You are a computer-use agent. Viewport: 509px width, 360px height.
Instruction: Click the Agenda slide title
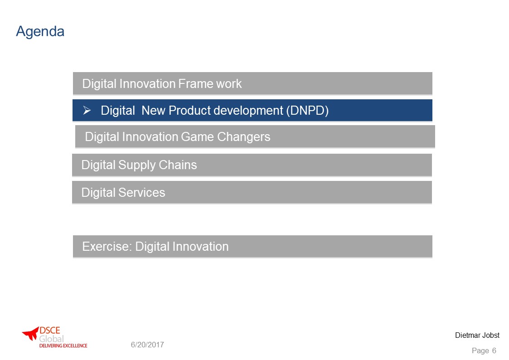[40, 32]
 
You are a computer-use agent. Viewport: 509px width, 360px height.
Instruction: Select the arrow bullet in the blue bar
[87, 110]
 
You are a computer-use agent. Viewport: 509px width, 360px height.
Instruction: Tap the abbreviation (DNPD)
[307, 111]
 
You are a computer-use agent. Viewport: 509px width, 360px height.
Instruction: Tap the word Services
[141, 193]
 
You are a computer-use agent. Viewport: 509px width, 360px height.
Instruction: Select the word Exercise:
[107, 246]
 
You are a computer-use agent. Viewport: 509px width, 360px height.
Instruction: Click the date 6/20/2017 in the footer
[147, 345]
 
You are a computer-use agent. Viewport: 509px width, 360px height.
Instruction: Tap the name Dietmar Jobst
[477, 336]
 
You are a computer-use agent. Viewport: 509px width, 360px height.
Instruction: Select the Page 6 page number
[484, 350]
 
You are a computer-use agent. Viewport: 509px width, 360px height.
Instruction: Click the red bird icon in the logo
[31, 333]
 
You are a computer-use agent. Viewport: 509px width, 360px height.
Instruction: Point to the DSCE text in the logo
[50, 331]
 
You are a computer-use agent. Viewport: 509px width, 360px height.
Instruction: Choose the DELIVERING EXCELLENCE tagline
[63, 345]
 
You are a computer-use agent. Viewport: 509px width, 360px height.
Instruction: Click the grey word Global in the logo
[51, 339]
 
